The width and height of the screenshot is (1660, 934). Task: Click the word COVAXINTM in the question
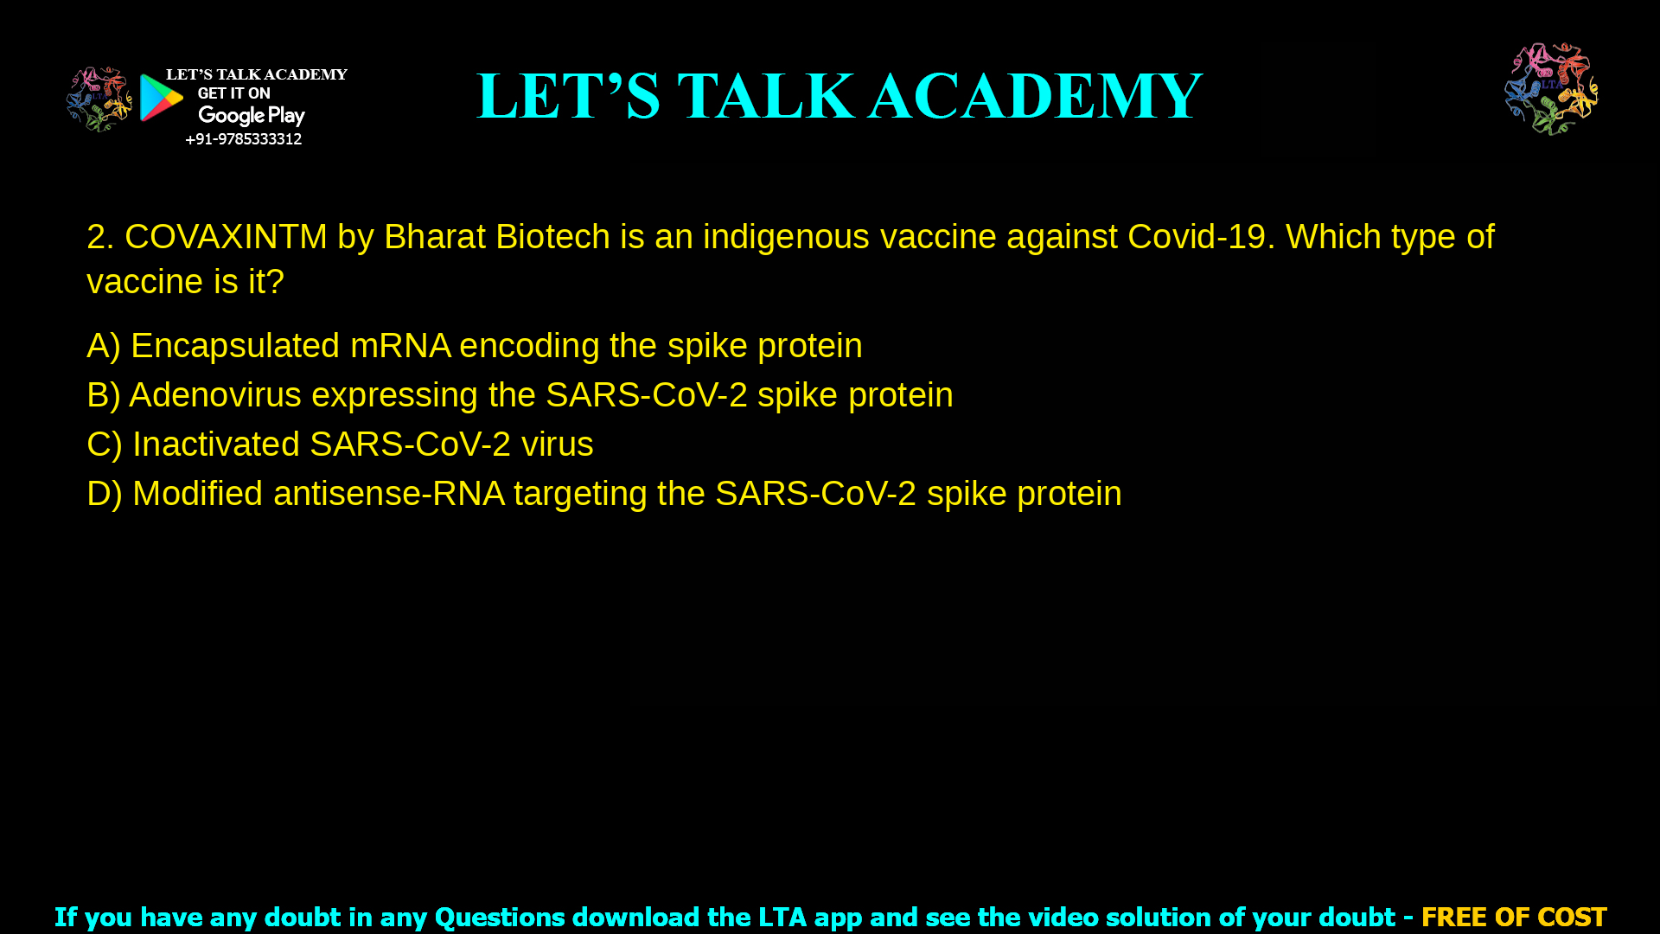click(x=226, y=237)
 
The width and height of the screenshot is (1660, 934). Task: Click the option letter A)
click(x=103, y=346)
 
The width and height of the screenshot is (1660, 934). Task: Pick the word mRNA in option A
click(x=400, y=346)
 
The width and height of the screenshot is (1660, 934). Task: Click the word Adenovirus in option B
click(x=215, y=395)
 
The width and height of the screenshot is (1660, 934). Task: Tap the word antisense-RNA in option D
click(x=388, y=494)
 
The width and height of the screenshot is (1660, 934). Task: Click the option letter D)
click(x=104, y=494)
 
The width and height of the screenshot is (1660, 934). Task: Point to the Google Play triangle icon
click(x=161, y=98)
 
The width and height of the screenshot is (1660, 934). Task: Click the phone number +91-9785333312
click(x=243, y=139)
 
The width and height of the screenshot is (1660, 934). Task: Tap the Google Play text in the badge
click(x=251, y=116)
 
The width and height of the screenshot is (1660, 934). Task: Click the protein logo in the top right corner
click(x=1551, y=89)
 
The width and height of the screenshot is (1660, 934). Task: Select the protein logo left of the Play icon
click(x=99, y=99)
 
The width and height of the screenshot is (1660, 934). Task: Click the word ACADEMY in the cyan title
click(x=1035, y=96)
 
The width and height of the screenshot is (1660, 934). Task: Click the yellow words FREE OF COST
click(x=1514, y=917)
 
